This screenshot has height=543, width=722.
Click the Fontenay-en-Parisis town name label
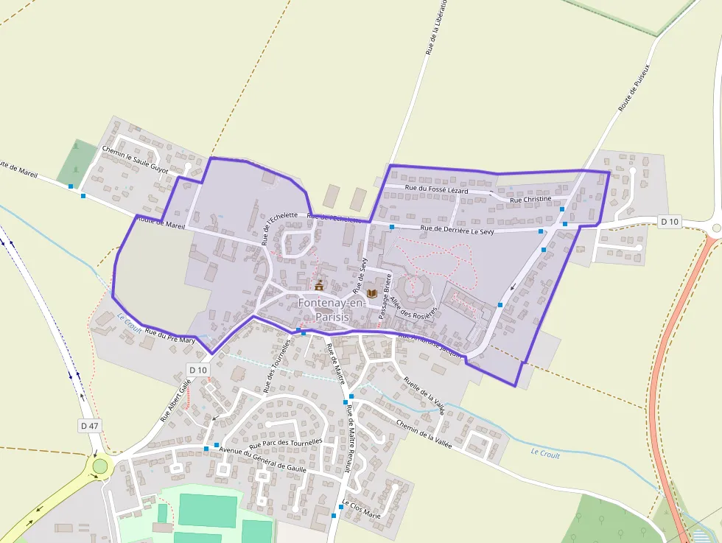pyautogui.click(x=326, y=309)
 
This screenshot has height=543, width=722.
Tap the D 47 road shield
pyautogui.click(x=89, y=425)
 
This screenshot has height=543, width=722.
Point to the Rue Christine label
pyautogui.click(x=530, y=200)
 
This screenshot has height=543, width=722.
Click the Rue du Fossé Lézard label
pyautogui.click(x=437, y=190)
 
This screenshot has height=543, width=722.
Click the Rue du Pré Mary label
pyautogui.click(x=170, y=337)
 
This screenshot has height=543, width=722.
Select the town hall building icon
pyautogui.click(x=319, y=285)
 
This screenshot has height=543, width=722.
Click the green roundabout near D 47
pyautogui.click(x=99, y=466)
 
